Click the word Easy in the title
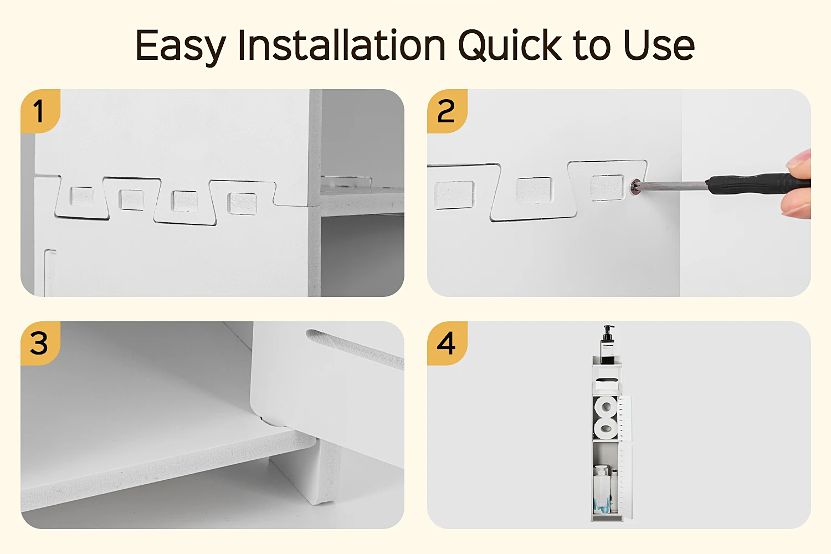pos(181,45)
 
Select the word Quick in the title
pos(510,45)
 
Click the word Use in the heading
pos(659,45)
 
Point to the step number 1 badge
pos(40,111)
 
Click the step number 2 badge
pos(447,111)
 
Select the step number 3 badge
pos(40,343)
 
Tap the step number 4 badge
pos(447,343)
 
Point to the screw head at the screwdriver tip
pos(635,187)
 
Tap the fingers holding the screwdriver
pos(798,186)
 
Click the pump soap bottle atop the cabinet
pos(607,345)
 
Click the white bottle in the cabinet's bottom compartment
pos(602,489)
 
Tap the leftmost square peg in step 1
pos(82,197)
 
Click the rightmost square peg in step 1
pos(243,204)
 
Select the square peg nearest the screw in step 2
pos(607,188)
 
